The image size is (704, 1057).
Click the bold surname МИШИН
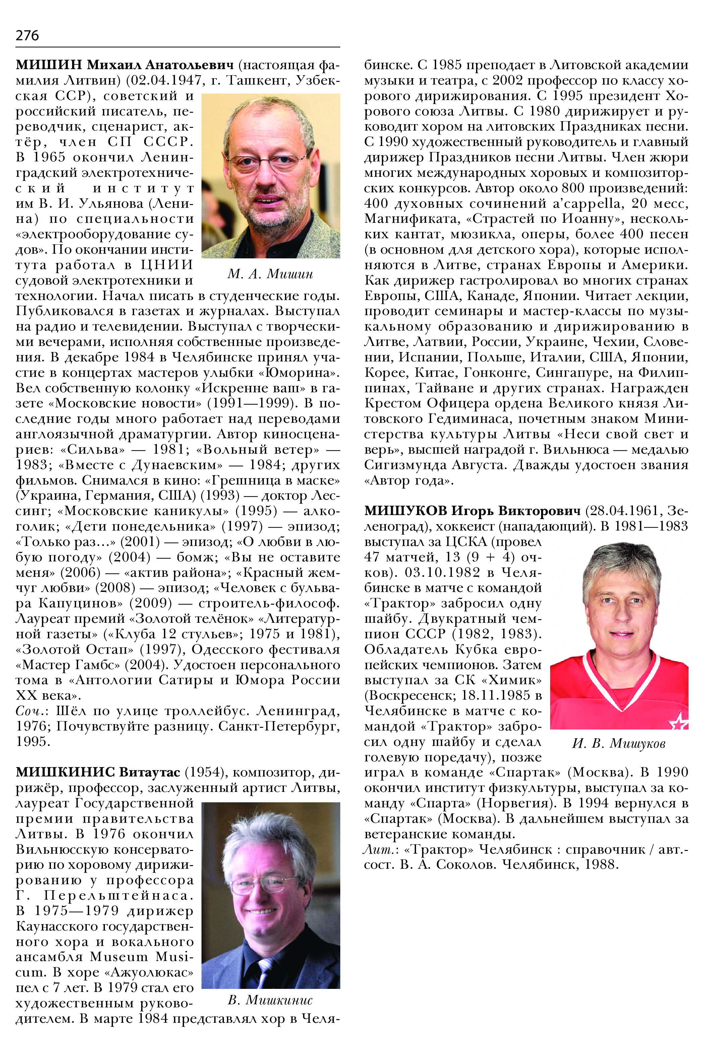click(49, 65)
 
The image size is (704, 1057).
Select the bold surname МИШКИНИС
click(65, 772)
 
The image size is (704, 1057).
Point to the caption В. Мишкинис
click(270, 1000)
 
